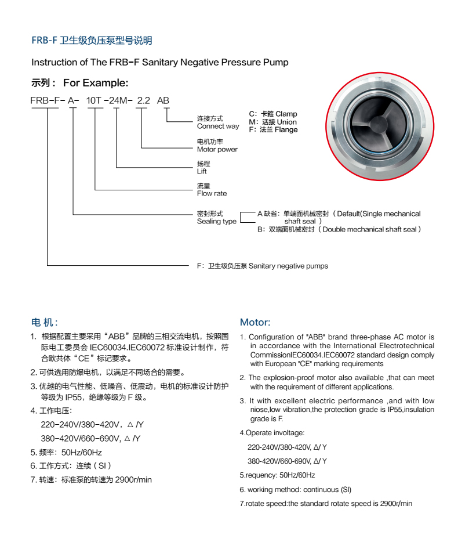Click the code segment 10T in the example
click(x=94, y=100)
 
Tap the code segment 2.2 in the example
click(x=143, y=100)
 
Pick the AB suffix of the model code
click(x=163, y=100)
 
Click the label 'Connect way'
click(x=218, y=126)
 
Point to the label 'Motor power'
click(x=217, y=149)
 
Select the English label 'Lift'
click(x=202, y=171)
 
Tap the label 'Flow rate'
click(x=212, y=193)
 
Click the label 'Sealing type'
click(x=217, y=221)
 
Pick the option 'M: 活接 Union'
click(x=272, y=122)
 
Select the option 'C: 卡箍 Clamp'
click(x=272, y=114)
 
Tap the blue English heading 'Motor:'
click(x=255, y=322)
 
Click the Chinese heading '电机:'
click(x=44, y=322)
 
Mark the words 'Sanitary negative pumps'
click(x=288, y=266)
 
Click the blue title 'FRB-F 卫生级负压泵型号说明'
click(x=92, y=41)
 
